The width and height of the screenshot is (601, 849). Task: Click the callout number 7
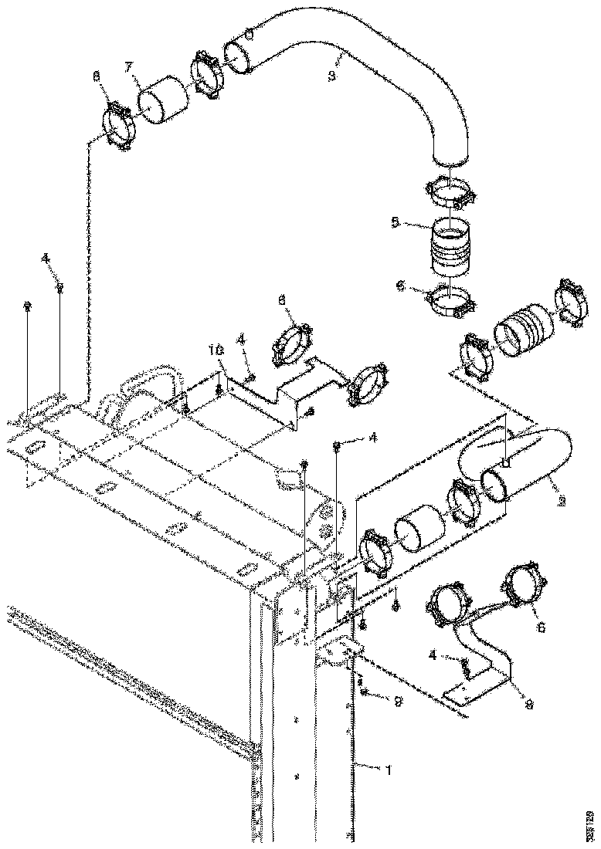tap(130, 69)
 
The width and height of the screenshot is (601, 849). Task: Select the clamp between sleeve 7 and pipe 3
tap(207, 75)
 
